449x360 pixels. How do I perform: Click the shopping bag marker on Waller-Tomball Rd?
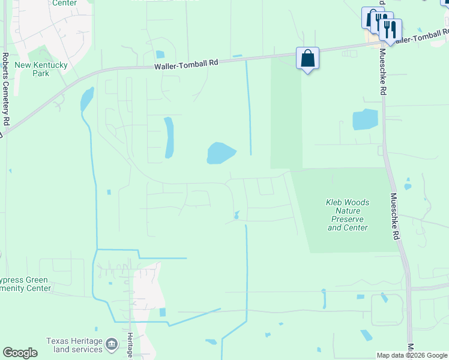point(307,59)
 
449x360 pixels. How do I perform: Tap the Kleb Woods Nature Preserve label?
point(348,215)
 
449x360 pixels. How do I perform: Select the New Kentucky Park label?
point(32,69)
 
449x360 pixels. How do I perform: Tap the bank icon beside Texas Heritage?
point(112,344)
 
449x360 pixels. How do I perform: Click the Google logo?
point(20,353)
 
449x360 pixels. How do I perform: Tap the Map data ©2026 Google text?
point(411,355)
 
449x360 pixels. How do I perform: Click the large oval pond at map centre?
point(220,153)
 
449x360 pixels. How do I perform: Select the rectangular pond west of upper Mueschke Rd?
point(365,120)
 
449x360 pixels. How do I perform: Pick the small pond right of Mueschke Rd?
point(408,187)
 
